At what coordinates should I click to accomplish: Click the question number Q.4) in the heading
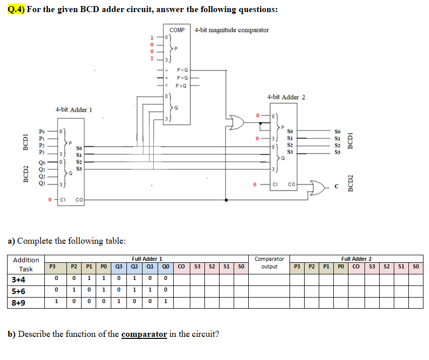click(17, 10)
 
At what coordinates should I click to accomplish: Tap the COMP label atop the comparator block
click(177, 30)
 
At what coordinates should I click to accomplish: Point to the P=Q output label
click(182, 78)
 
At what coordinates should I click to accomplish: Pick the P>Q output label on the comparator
click(182, 86)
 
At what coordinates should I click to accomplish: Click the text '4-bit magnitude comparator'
click(232, 30)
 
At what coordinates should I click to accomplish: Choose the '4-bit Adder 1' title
click(74, 110)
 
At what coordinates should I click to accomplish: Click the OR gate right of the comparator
click(236, 122)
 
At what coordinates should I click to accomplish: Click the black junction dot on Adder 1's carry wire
click(227, 200)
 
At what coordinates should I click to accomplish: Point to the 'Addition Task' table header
click(26, 264)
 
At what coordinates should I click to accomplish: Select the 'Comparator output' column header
click(269, 263)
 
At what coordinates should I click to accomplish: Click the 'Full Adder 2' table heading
click(356, 259)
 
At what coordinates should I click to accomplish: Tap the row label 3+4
click(18, 280)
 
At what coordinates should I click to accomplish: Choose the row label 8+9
click(18, 303)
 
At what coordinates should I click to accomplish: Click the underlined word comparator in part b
click(144, 334)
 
